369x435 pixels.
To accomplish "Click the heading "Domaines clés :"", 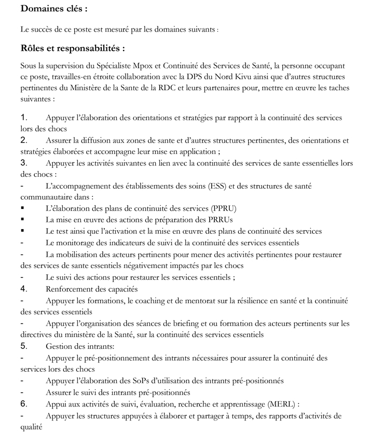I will click(x=53, y=9).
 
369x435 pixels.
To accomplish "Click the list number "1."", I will click(x=24, y=118).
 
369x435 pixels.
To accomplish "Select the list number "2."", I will click(x=24, y=140).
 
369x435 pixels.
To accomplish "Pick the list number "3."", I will click(x=24, y=163).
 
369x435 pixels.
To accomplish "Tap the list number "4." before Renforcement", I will click(x=24, y=288).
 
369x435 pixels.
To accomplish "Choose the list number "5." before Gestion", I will click(x=24, y=345).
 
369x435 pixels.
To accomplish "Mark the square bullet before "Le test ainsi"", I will click(x=22, y=231).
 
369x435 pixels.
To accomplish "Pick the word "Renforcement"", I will click(x=71, y=289).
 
